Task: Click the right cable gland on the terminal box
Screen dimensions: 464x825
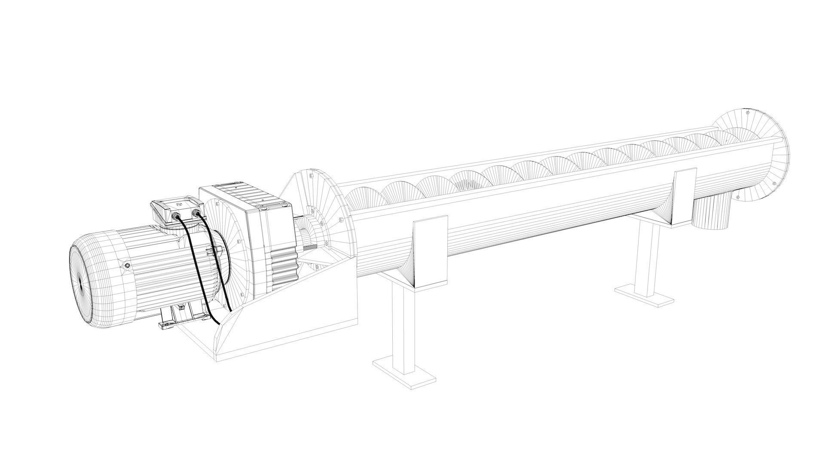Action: tap(196, 213)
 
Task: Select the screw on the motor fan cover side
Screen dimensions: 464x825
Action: tap(127, 266)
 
